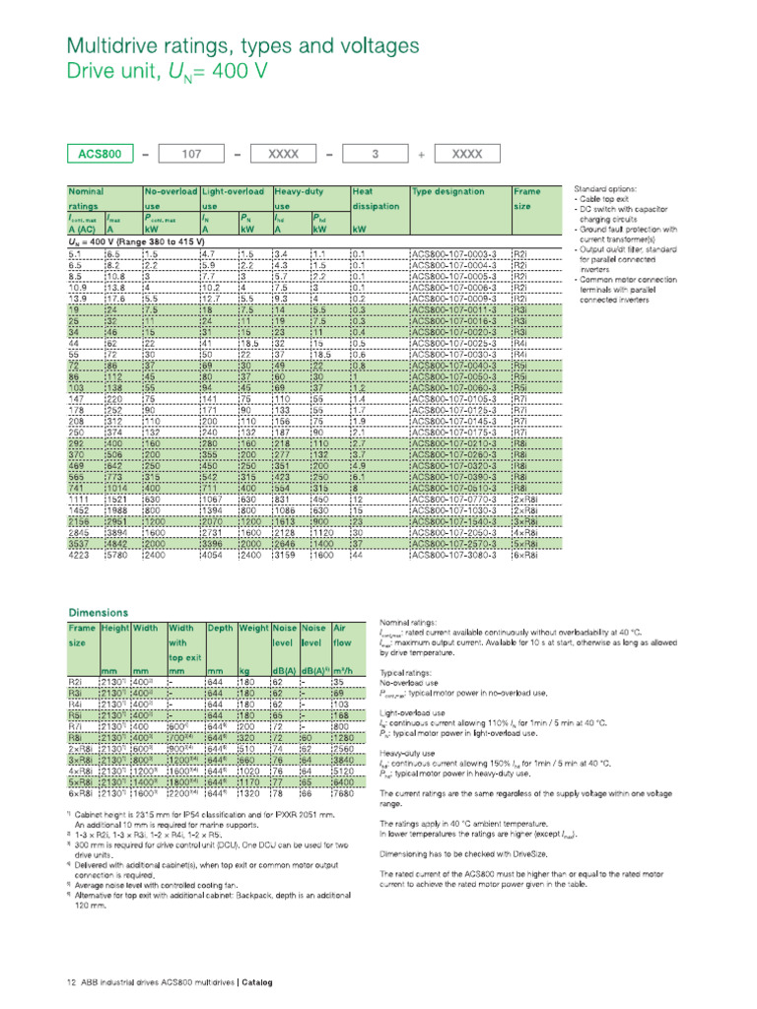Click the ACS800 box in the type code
tap(101, 154)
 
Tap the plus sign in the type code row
tap(422, 154)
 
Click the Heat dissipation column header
tap(375, 199)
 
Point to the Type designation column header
tap(448, 192)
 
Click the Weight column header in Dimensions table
tap(254, 627)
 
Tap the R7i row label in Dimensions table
tap(77, 725)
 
